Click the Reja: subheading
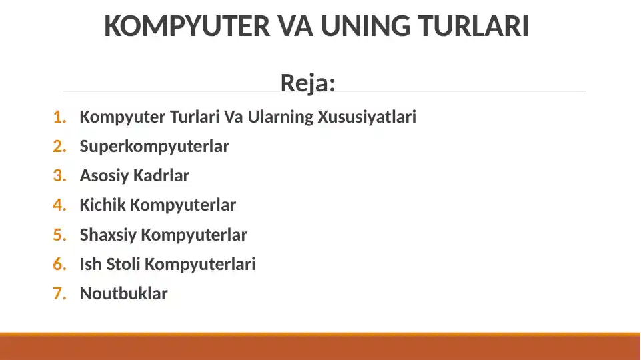tap(307, 83)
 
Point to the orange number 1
tap(60, 117)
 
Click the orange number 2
tap(60, 147)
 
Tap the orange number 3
tap(60, 176)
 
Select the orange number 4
tap(60, 205)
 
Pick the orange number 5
tap(60, 235)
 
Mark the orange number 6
tap(60, 264)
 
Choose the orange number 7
tap(60, 293)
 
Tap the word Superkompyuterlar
tap(154, 147)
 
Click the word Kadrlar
tap(161, 176)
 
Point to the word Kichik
tap(103, 205)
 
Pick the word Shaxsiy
tap(108, 235)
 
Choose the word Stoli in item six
tap(124, 264)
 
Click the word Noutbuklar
tap(123, 293)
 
